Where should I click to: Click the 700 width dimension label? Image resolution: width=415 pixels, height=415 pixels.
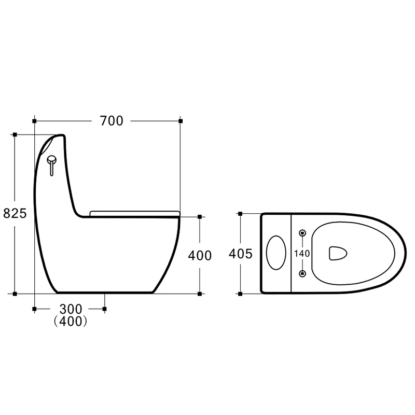pyautogui.click(x=112, y=121)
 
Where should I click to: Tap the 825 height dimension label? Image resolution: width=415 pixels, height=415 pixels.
pyautogui.click(x=15, y=213)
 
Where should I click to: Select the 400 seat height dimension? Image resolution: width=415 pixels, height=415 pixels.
pyautogui.click(x=200, y=256)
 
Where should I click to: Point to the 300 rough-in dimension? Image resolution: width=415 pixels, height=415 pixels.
pyautogui.click(x=71, y=309)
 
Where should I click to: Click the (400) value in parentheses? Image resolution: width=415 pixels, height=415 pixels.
pyautogui.click(x=71, y=321)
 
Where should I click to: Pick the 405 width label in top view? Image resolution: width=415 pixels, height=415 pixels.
pyautogui.click(x=241, y=254)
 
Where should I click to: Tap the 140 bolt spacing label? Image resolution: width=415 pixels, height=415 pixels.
pyautogui.click(x=302, y=254)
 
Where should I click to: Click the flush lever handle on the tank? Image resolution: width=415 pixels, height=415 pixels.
pyautogui.click(x=51, y=165)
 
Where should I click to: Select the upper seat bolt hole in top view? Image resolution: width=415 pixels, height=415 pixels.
pyautogui.click(x=302, y=233)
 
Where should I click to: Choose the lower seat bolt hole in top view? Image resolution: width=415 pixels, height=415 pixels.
pyautogui.click(x=302, y=273)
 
